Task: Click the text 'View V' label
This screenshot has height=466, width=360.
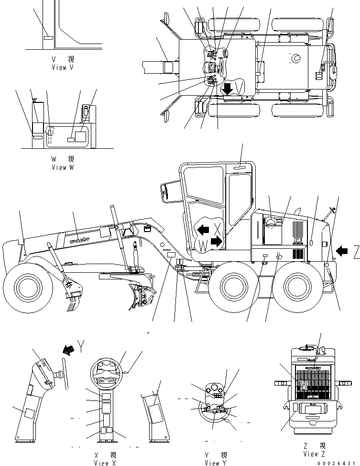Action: tap(63, 67)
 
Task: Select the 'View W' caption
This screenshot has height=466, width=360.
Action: tap(63, 167)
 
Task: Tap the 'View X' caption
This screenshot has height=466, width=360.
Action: tap(105, 463)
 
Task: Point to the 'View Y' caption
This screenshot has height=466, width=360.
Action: tap(216, 463)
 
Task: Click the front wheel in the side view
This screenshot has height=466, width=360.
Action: tap(23, 286)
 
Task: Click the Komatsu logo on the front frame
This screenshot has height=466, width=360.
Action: tap(81, 238)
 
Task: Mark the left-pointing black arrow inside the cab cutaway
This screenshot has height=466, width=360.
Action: tap(203, 230)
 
